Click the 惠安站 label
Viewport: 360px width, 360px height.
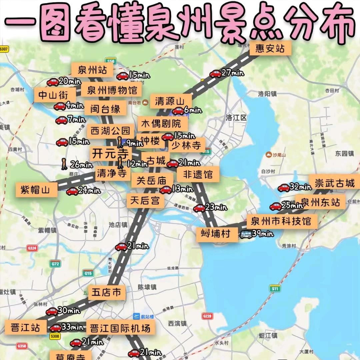(270, 49)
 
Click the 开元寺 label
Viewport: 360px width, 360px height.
(110, 154)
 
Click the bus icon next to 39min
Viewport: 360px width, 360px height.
(246, 234)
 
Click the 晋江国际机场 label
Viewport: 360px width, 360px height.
(120, 328)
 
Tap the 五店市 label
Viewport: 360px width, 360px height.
(106, 293)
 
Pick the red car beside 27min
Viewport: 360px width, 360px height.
(215, 74)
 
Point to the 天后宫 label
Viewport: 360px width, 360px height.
(145, 201)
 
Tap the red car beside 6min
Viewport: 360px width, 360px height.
(178, 111)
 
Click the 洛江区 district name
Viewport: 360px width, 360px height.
(236, 118)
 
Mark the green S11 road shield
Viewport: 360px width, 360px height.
(275, 289)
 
